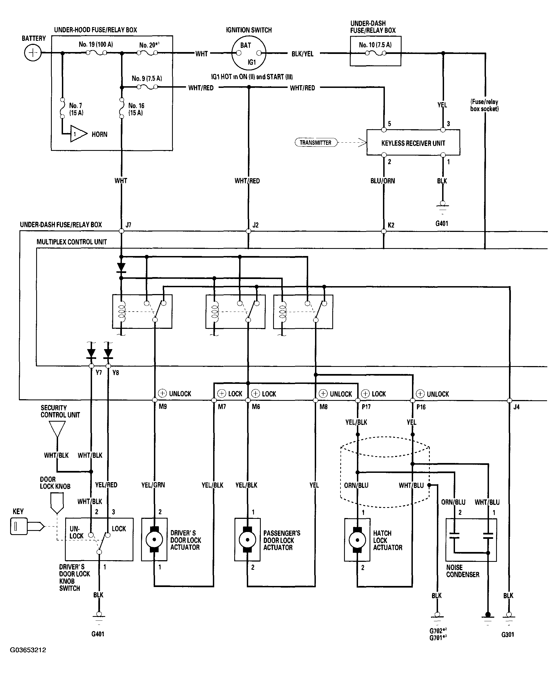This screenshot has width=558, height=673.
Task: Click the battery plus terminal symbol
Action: point(33,53)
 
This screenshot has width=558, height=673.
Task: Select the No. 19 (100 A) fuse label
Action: point(96,45)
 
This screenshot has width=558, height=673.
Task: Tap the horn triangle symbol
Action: point(79,134)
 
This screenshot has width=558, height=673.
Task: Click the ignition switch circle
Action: point(248,53)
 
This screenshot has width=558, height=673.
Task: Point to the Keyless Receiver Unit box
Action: point(413,143)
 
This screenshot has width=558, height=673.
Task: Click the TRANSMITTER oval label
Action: point(316,143)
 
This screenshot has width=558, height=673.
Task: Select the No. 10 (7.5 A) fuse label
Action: point(375,45)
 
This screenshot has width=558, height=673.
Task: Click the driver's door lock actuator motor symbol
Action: point(154,540)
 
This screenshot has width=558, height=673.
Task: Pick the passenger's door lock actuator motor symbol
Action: point(248,540)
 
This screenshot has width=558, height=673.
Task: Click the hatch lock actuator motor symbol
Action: point(357,540)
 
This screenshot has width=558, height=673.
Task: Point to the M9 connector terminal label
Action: point(163,407)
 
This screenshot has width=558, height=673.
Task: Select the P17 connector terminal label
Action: point(366,407)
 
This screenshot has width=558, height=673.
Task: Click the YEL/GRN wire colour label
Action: point(153,485)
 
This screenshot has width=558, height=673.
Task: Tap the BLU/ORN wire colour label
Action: point(383,181)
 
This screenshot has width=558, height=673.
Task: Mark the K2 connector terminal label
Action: point(391,225)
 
